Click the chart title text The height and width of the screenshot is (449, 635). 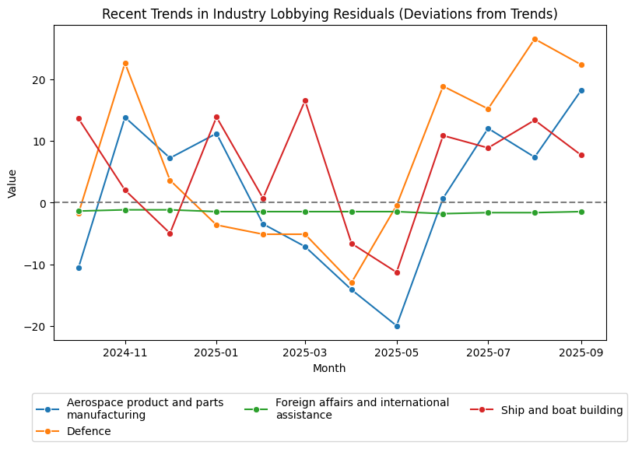coord(330,15)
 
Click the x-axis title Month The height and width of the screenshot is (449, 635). coord(329,368)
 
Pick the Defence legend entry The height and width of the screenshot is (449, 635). coord(89,431)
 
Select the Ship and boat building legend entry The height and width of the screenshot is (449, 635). coord(562,410)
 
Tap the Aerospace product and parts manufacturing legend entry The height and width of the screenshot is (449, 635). coord(145,409)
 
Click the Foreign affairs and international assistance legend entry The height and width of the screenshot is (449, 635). coord(362,409)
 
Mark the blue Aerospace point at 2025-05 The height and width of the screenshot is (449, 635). coord(397,326)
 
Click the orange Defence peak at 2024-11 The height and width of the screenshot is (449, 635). coord(125,63)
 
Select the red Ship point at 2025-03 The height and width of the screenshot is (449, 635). coord(305,100)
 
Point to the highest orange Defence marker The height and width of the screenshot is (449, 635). coord(535,39)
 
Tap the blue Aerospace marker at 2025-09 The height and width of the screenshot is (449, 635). coord(581,90)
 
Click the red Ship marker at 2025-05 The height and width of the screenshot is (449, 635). coord(397,272)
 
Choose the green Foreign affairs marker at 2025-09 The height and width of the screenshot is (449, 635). coord(581,212)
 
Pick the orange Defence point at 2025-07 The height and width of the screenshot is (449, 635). coord(488,109)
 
